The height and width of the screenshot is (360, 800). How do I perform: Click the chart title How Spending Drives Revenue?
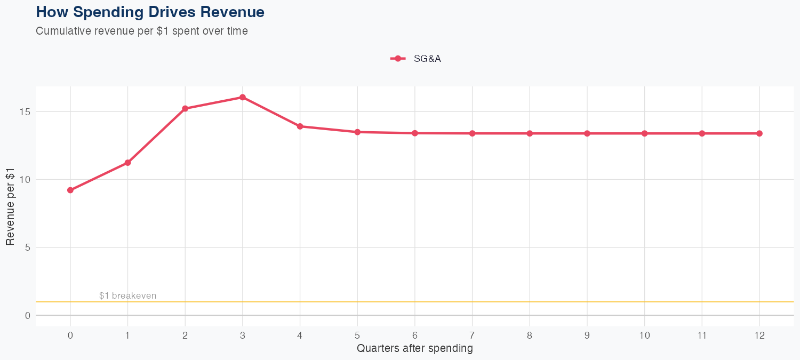tap(150, 12)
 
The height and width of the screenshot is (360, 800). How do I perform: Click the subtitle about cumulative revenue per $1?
tap(142, 31)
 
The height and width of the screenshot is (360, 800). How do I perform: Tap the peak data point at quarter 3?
tap(243, 97)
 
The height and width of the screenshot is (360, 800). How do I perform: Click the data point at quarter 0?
tap(70, 190)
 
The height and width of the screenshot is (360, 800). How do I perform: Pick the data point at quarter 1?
tap(127, 163)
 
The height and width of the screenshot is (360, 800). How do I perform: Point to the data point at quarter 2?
tap(185, 108)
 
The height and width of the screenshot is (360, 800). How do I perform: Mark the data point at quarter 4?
tap(300, 126)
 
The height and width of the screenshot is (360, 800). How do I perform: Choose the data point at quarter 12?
tap(759, 133)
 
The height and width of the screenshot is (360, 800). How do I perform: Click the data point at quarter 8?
tap(530, 133)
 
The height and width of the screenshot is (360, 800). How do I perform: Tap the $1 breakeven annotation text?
tap(127, 295)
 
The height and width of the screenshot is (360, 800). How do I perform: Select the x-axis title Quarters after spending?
tap(414, 349)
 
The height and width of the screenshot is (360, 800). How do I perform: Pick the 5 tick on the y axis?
tap(27, 247)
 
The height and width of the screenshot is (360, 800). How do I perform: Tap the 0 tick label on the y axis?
tap(27, 315)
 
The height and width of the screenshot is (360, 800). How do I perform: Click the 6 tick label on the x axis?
tap(414, 335)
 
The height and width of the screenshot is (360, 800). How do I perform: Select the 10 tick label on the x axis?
tap(644, 335)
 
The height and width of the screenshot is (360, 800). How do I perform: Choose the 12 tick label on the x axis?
tap(759, 335)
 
